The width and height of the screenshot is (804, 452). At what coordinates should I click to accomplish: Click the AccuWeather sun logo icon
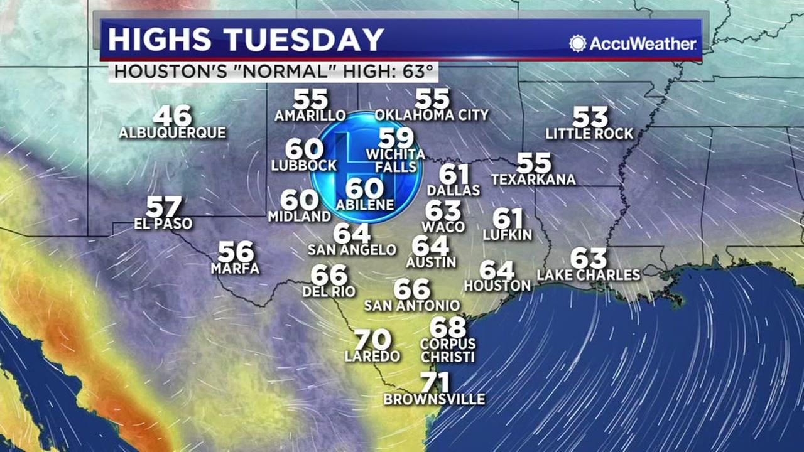(577, 43)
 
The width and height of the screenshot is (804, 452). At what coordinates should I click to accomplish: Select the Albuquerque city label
(173, 133)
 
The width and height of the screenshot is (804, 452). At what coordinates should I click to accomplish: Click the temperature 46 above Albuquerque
(172, 116)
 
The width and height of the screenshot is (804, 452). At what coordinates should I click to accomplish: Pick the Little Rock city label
(589, 134)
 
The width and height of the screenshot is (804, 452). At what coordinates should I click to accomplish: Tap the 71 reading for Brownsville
(435, 382)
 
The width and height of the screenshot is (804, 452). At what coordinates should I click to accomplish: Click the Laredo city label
(372, 357)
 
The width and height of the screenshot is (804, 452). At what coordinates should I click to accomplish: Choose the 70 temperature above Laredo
(372, 340)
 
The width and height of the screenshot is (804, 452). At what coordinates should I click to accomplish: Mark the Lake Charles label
(589, 275)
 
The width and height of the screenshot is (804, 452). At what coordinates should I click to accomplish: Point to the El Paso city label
(163, 223)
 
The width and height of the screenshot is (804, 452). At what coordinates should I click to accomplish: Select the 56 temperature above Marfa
(236, 252)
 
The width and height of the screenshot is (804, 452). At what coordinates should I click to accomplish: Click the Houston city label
(497, 286)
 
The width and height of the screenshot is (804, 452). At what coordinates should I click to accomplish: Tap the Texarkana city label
(533, 180)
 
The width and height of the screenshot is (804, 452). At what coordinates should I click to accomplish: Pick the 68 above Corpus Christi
(448, 326)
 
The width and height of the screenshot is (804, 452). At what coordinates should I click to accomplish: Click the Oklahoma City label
(432, 115)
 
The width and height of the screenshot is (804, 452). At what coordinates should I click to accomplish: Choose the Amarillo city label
(310, 116)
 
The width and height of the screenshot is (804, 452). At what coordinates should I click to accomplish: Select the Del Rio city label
(329, 291)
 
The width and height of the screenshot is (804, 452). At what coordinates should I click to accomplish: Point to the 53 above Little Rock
(590, 117)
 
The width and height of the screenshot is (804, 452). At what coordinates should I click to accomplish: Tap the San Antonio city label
(412, 306)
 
